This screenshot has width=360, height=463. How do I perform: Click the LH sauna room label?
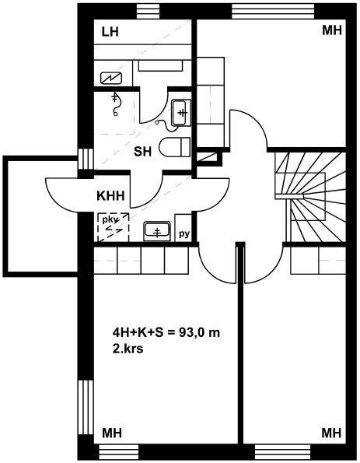(110, 32)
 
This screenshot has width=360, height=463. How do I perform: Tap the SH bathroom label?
(143, 152)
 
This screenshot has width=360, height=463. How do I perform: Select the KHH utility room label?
(110, 196)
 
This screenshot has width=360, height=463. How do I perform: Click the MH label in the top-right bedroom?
(332, 30)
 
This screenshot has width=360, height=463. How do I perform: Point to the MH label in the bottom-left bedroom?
(112, 433)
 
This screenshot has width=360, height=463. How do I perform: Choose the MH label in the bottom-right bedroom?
(331, 433)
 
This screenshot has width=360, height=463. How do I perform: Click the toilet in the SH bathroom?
(175, 147)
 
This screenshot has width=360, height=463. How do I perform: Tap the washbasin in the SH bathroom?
(181, 113)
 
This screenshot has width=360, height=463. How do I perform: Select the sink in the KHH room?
(157, 231)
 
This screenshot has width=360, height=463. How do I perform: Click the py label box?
(183, 228)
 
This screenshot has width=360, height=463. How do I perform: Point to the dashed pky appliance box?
(114, 227)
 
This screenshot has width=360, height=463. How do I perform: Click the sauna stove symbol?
(111, 79)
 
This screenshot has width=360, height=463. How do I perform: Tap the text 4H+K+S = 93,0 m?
(166, 333)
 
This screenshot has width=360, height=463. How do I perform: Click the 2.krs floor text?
(128, 349)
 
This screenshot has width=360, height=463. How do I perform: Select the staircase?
(309, 197)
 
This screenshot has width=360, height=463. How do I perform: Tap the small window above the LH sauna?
(149, 12)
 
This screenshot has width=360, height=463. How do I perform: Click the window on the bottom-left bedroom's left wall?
(86, 408)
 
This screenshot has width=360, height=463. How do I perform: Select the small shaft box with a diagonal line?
(208, 157)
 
